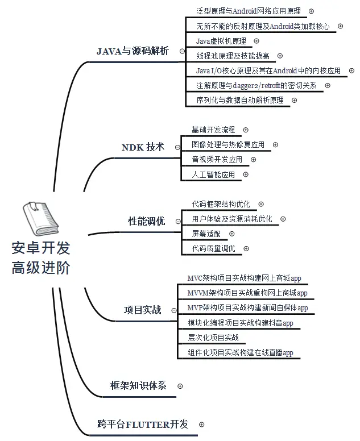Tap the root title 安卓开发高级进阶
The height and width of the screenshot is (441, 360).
pos(41,259)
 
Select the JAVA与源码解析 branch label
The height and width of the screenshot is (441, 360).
pos(133,51)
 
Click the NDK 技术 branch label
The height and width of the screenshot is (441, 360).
pos(143,147)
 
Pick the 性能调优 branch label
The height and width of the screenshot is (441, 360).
pos(146,222)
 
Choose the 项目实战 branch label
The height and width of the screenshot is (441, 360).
pos(142,310)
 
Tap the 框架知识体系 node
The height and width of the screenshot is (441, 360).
pos(138,385)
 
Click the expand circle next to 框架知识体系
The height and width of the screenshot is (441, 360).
pos(180,386)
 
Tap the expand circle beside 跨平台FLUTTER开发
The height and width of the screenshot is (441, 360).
pos(201,425)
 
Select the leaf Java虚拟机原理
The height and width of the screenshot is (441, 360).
pos(221,41)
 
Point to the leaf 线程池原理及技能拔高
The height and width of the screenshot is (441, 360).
pos(233,56)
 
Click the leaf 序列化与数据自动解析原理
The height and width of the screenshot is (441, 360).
pos(239,100)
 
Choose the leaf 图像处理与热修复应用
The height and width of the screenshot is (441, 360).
pos(228,145)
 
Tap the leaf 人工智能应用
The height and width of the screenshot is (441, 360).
pos(213,174)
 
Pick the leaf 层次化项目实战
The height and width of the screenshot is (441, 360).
pos(213,338)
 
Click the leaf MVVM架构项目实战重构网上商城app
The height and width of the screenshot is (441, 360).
pos(247,293)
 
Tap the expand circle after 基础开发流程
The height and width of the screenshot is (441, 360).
pos(246,130)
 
